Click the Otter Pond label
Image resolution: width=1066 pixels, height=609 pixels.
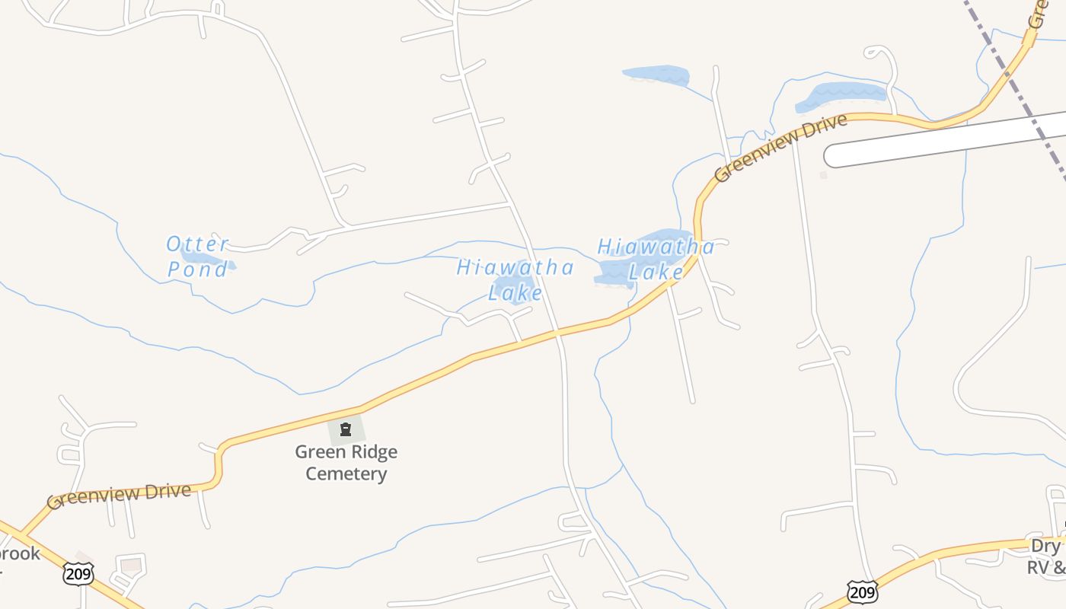pyautogui.click(x=198, y=256)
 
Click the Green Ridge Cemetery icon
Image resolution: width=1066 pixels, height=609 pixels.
pyautogui.click(x=346, y=430)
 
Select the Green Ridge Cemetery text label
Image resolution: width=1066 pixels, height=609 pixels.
pyautogui.click(x=346, y=463)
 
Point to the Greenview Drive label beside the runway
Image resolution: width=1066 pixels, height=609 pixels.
pyautogui.click(x=780, y=148)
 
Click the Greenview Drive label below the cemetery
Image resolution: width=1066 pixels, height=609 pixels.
pyautogui.click(x=119, y=496)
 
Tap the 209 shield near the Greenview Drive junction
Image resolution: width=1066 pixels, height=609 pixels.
pyautogui.click(x=78, y=574)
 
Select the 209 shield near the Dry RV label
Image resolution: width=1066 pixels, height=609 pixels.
pyautogui.click(x=862, y=591)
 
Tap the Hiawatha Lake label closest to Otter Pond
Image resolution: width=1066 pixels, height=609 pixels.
pyautogui.click(x=515, y=279)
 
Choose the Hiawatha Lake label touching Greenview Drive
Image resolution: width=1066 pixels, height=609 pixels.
pyautogui.click(x=656, y=259)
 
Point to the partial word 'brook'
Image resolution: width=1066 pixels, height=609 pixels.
pyautogui.click(x=18, y=553)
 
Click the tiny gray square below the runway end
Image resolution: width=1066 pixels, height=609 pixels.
pyautogui.click(x=823, y=175)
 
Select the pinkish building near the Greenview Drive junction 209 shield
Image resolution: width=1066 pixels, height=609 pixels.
pyautogui.click(x=132, y=565)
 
